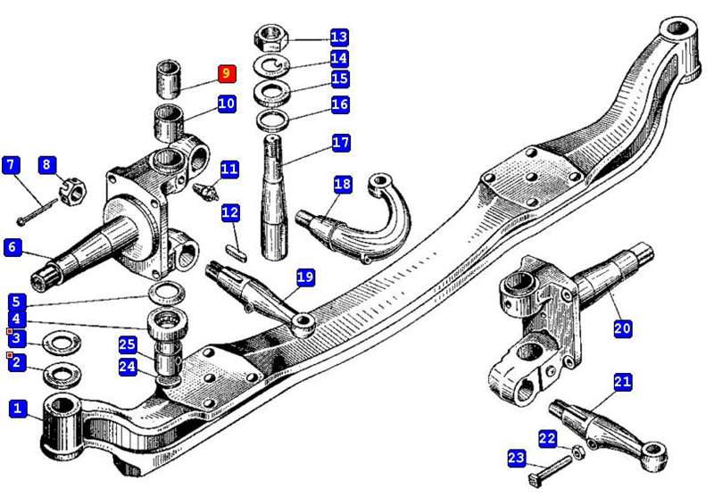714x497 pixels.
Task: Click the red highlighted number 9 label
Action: click(227, 73)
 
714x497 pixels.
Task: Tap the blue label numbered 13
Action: click(338, 37)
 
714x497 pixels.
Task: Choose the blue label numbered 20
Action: click(622, 328)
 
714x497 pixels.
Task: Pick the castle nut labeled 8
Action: click(70, 189)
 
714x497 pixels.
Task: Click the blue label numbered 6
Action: click(12, 247)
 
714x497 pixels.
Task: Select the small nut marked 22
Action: click(577, 447)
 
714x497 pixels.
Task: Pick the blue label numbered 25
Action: click(127, 344)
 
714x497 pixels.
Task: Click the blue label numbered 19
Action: click(305, 278)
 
